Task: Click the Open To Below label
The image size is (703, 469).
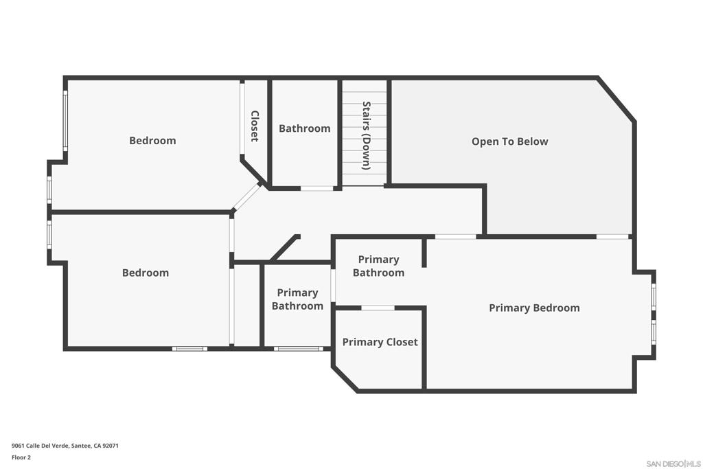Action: [510, 141]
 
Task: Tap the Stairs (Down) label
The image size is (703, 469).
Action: [367, 136]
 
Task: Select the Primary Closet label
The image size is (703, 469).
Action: [380, 342]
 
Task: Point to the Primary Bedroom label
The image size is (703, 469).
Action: [534, 308]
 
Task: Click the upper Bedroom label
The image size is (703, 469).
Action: [152, 141]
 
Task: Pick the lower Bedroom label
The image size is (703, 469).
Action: [146, 273]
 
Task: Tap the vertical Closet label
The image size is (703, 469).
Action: [255, 126]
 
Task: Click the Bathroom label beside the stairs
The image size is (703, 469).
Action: [304, 128]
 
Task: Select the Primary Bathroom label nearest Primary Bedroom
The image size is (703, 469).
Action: [378, 266]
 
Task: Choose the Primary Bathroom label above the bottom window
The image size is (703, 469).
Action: [297, 299]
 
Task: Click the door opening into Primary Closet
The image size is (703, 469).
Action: [378, 308]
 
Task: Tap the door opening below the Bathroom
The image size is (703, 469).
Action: [316, 188]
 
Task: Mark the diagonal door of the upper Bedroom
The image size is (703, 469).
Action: [246, 196]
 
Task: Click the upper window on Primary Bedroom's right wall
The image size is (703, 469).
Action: [654, 297]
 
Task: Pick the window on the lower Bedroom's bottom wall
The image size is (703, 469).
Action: [189, 348]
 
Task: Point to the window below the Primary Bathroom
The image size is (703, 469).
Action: [298, 348]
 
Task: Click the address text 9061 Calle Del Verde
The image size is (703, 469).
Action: [41, 446]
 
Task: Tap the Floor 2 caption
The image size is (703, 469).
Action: [21, 457]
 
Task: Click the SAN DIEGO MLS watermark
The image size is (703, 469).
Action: [673, 464]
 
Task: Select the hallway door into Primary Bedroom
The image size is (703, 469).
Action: [455, 236]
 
